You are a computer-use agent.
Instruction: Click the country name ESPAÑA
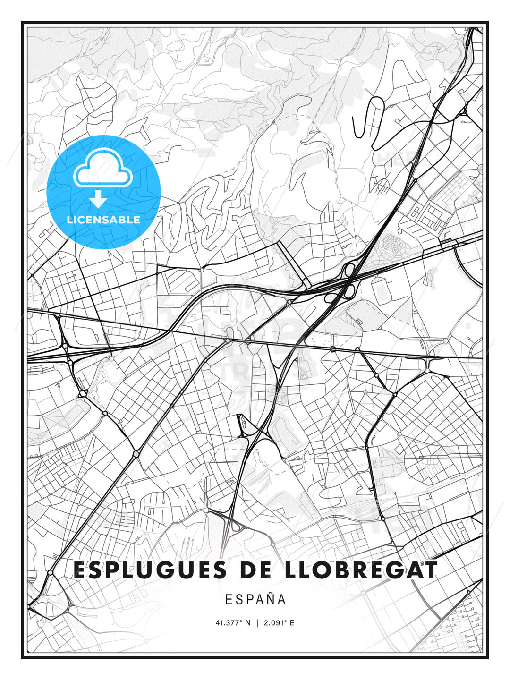pos(255,599)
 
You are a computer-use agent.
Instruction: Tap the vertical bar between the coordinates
pos(257,623)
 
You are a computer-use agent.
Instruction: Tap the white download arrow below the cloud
pos(98,199)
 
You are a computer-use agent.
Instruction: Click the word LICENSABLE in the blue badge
pos(103,220)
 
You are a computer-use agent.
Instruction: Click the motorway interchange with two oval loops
pos(348,281)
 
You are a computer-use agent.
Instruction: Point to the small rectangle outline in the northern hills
pos(206,60)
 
